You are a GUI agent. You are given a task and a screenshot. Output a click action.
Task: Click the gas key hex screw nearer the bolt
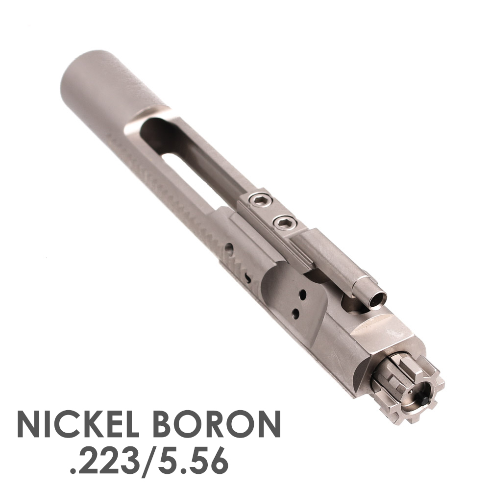point(284,223)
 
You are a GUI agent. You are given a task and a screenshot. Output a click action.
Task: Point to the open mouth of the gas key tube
point(377,300)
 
